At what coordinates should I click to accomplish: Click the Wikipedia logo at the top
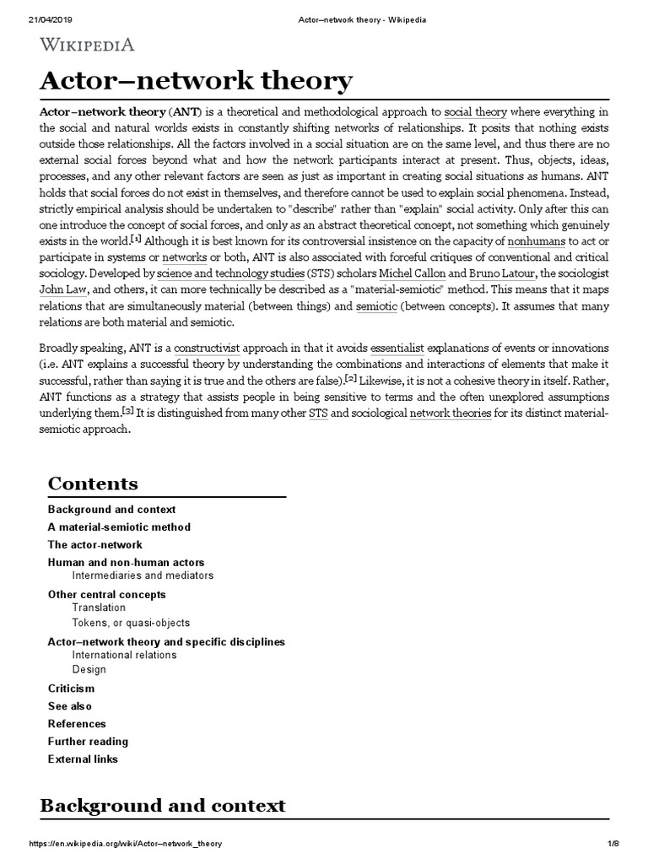[87, 45]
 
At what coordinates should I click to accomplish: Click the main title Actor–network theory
[197, 82]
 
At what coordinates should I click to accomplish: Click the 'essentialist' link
[405, 348]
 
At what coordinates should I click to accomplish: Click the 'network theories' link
[450, 413]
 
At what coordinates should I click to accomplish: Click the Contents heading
[93, 483]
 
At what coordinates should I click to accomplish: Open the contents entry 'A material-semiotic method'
[119, 526]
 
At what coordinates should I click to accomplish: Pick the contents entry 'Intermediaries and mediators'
[143, 575]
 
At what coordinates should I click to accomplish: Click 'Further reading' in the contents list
[88, 741]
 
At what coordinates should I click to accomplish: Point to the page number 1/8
[613, 845]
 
